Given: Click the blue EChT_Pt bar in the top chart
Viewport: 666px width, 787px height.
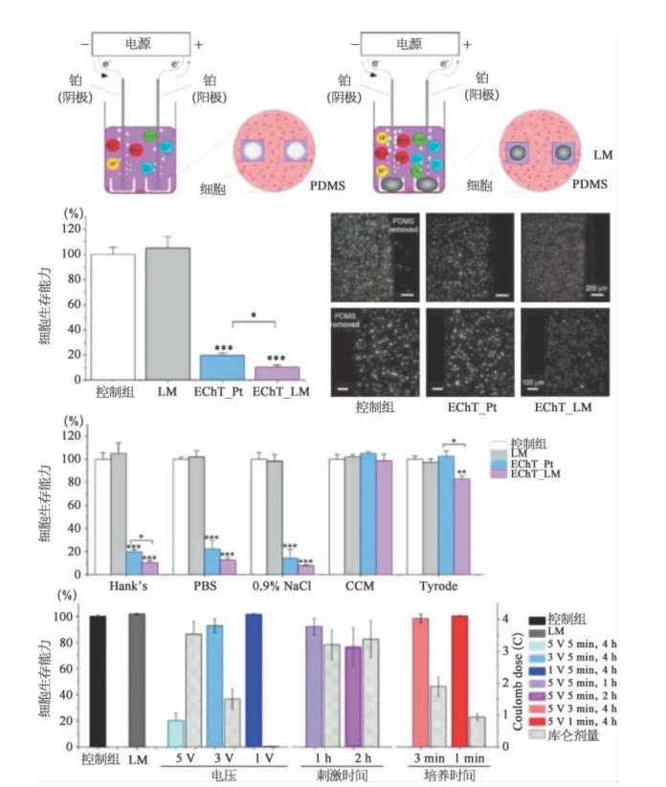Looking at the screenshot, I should [x=221, y=367].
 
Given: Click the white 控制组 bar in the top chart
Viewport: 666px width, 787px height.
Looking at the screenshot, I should [x=113, y=317].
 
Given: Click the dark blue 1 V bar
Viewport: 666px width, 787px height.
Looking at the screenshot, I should [x=254, y=679].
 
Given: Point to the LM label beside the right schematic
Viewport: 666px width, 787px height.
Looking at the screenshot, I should [x=604, y=153].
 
